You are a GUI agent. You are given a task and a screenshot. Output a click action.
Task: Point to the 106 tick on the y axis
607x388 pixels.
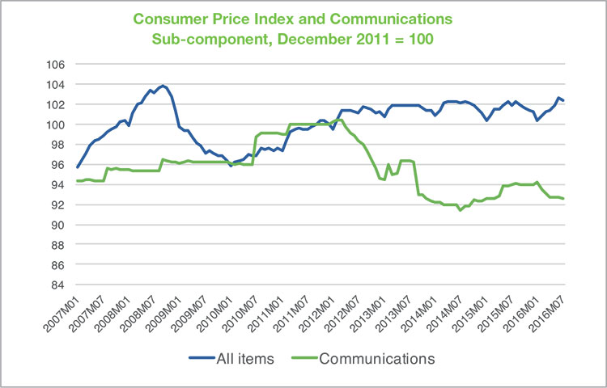tap(56, 64)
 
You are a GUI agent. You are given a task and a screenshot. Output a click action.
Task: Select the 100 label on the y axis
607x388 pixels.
tap(56, 124)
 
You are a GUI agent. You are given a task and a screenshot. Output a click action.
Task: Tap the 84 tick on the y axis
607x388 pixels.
tap(59, 285)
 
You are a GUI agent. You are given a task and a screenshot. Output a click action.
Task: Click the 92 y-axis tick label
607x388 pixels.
tap(59, 205)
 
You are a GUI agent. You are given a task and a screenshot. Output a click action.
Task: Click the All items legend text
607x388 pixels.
tap(245, 359)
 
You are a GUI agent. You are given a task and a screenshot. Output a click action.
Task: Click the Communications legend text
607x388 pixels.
tap(377, 359)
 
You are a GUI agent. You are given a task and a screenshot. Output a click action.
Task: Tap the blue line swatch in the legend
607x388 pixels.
tap(202, 358)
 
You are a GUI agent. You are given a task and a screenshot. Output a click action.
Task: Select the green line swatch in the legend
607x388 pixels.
tap(304, 358)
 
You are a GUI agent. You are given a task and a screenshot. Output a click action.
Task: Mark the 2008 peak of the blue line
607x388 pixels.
tap(163, 86)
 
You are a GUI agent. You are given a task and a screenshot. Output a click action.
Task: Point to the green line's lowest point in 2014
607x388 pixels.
tap(460, 210)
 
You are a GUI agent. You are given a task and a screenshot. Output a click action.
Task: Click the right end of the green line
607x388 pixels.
tap(563, 199)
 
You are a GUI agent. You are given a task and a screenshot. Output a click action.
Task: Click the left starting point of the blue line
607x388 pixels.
tap(78, 167)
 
